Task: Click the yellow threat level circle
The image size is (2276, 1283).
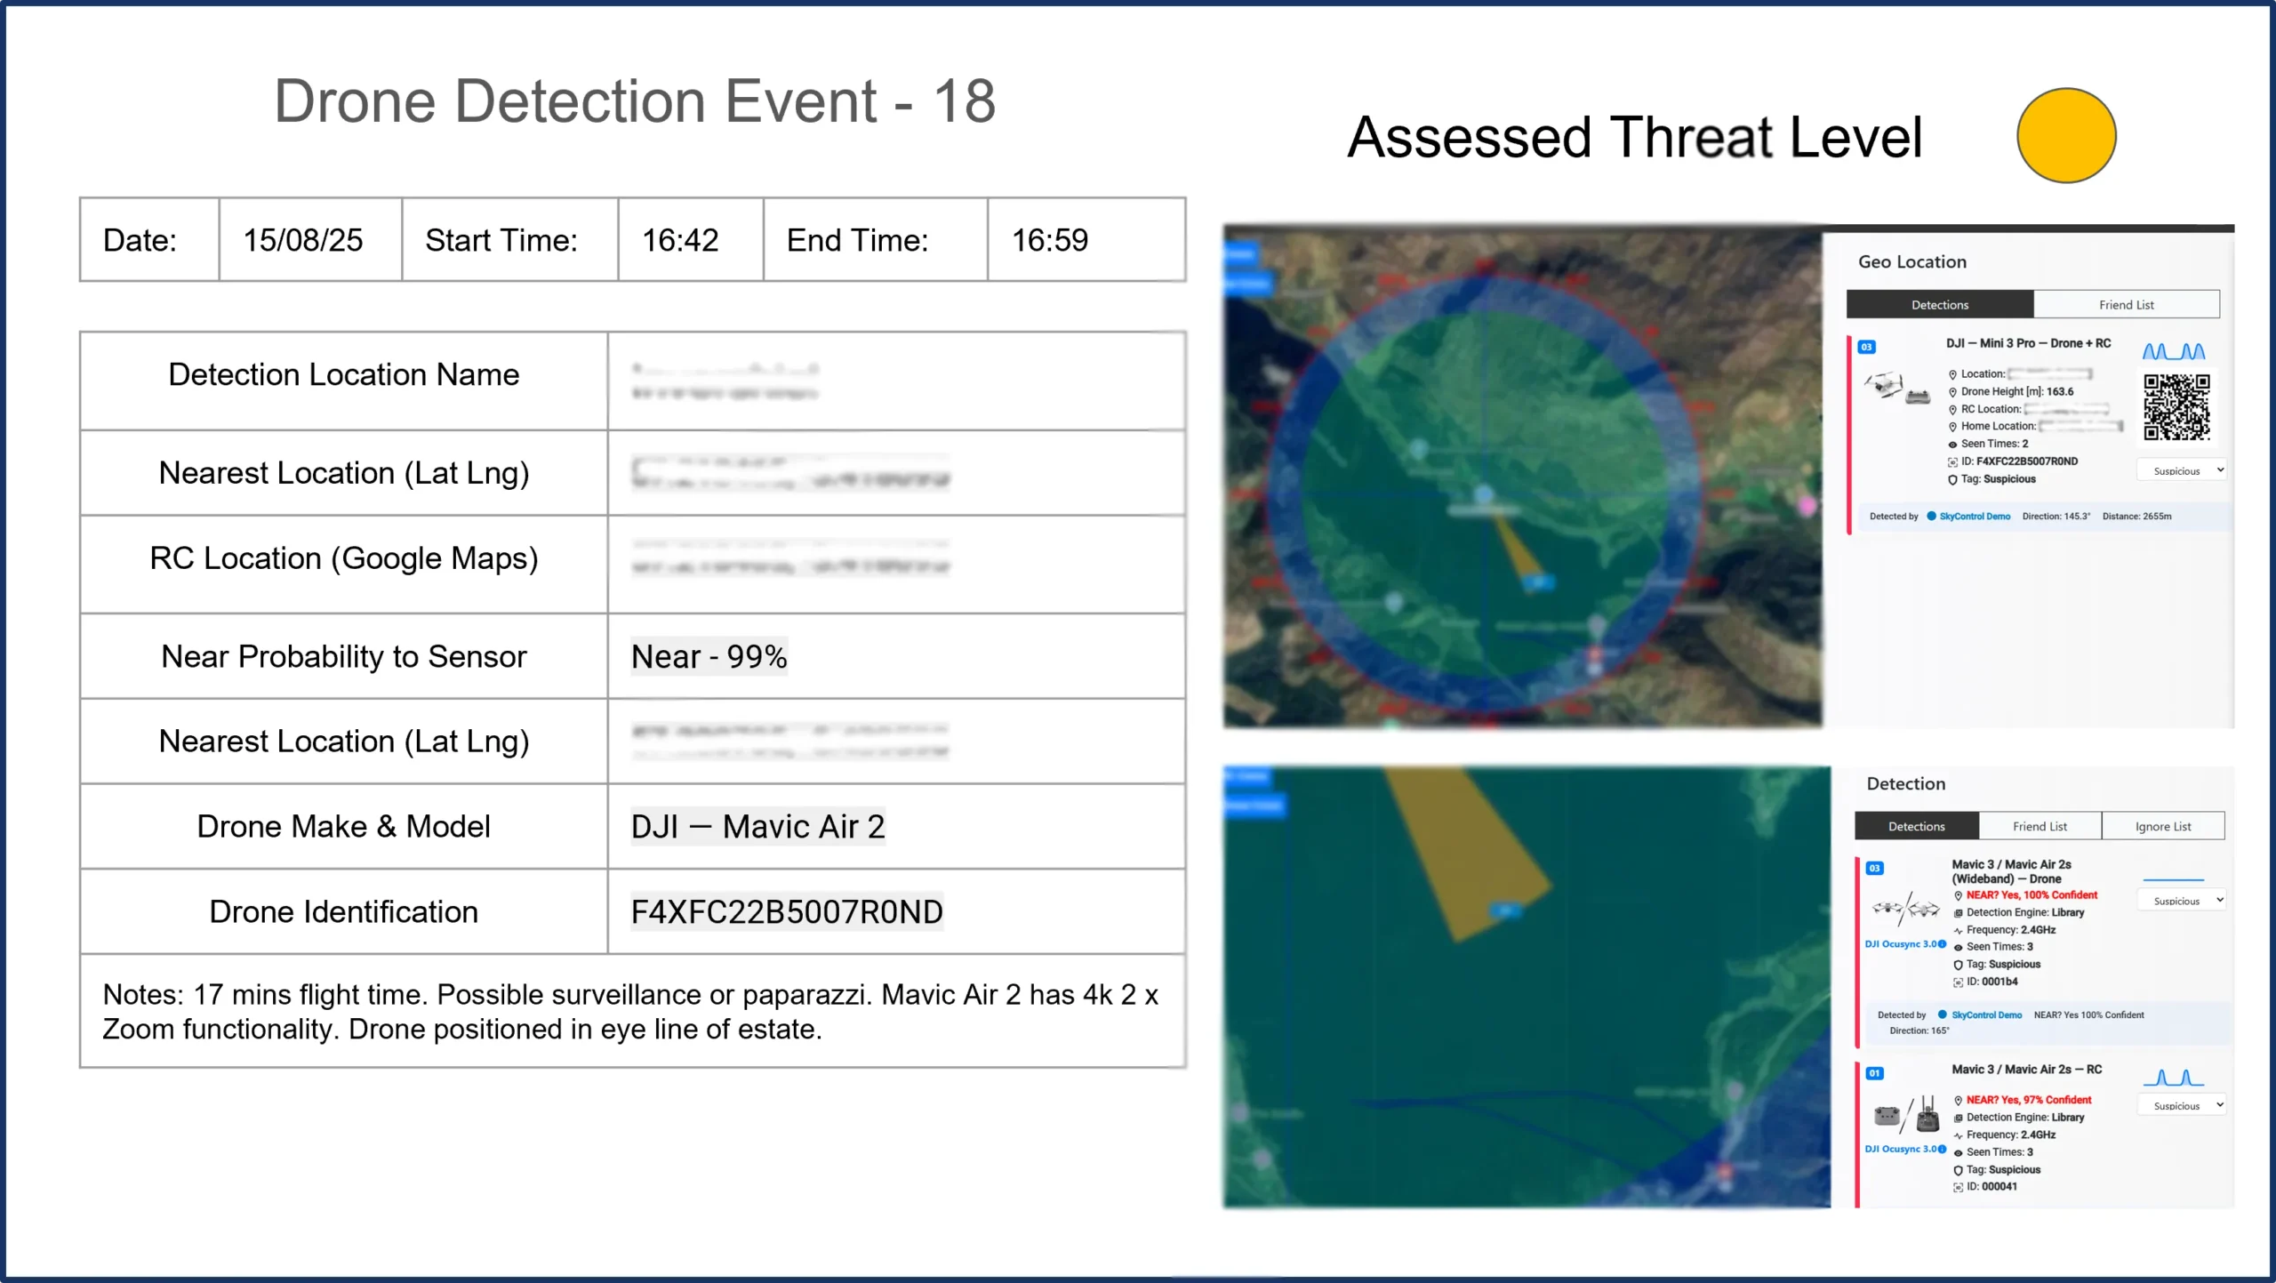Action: pos(2065,136)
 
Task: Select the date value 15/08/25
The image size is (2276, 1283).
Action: pos(303,240)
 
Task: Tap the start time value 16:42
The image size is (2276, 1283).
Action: pos(680,240)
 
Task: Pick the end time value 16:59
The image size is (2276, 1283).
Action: pos(1049,240)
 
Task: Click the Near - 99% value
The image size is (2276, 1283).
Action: pos(709,657)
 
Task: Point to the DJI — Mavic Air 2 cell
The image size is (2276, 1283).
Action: pos(757,827)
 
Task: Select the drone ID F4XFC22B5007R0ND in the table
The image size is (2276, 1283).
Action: pos(787,912)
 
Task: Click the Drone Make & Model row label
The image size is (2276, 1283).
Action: pos(343,827)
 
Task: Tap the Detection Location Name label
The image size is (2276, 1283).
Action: pos(343,375)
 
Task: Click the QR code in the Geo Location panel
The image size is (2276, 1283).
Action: pos(2176,407)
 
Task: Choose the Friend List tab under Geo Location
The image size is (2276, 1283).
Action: pos(2126,305)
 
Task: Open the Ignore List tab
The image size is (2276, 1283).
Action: pos(2162,827)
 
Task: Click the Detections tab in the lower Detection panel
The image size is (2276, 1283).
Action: pos(1916,827)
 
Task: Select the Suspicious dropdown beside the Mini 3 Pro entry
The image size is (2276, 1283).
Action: pos(2181,471)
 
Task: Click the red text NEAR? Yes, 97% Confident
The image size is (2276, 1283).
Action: pos(2028,1101)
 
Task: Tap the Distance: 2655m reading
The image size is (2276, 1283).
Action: pos(2136,517)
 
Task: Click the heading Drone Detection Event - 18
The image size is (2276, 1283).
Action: pos(634,101)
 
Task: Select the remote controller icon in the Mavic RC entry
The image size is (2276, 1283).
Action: pos(1927,1115)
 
